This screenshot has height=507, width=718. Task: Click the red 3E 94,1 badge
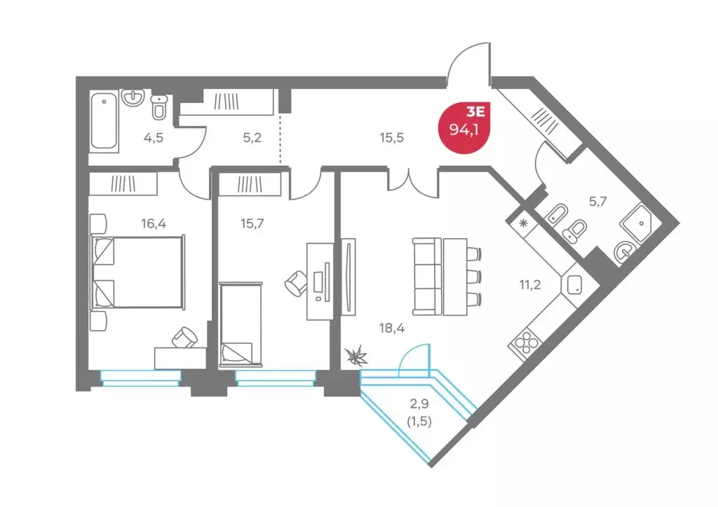[x=464, y=127]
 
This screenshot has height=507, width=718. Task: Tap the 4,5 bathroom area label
[x=154, y=138]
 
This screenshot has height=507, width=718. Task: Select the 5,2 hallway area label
[x=252, y=138]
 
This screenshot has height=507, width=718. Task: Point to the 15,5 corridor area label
[x=391, y=138]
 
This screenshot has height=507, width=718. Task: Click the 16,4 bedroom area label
[x=154, y=223]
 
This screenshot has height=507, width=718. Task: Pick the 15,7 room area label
[x=252, y=223]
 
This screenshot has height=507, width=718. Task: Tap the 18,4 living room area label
[x=391, y=328]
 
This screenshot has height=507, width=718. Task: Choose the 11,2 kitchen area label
[x=530, y=285]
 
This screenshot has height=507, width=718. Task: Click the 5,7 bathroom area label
[x=597, y=201]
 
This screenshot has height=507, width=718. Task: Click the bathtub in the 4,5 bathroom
[x=104, y=120]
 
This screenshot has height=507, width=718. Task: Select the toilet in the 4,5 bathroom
[x=159, y=107]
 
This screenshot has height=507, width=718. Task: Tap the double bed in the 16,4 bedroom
[x=138, y=272]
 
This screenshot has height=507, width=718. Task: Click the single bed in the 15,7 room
[x=241, y=324]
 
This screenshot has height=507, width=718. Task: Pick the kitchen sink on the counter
[x=574, y=284]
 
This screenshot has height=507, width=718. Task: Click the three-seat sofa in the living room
[x=427, y=277]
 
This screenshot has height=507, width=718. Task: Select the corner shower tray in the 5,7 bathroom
[x=641, y=224]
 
